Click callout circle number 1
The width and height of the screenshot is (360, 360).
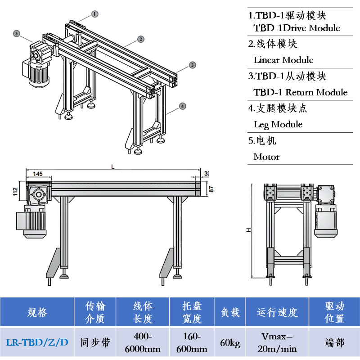click(x=94, y=14)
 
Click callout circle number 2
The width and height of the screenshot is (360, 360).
click(x=141, y=39)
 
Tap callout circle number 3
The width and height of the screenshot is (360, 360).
click(x=192, y=65)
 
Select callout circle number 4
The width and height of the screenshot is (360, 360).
click(x=182, y=106)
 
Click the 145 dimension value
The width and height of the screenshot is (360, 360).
click(x=38, y=174)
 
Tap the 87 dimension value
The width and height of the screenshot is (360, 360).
click(x=211, y=188)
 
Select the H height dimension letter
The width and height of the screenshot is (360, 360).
click(x=248, y=230)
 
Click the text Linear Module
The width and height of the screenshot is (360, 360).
click(x=283, y=60)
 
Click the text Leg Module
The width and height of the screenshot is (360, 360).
click(x=278, y=124)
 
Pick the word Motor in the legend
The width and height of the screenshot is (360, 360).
click(x=266, y=157)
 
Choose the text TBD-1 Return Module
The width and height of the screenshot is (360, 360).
click(x=301, y=92)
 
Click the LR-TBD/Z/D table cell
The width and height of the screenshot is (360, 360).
click(x=37, y=342)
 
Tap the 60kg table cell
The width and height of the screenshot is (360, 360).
click(x=229, y=342)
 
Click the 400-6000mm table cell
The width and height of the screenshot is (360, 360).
click(x=143, y=342)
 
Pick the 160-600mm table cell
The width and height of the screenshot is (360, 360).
click(x=191, y=342)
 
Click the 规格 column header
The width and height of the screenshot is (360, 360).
click(x=37, y=312)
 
